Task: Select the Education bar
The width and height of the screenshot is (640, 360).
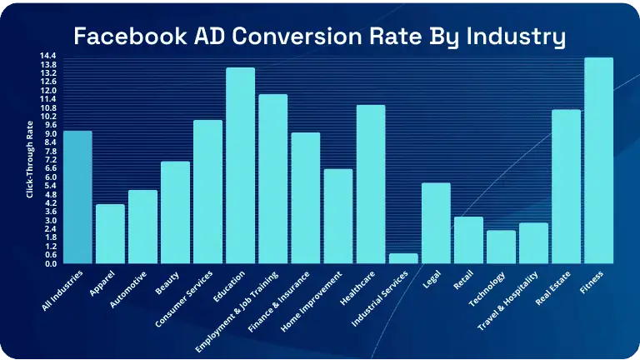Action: click(x=240, y=166)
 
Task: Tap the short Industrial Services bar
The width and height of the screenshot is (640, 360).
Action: click(x=403, y=258)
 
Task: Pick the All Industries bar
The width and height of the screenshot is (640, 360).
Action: click(x=77, y=197)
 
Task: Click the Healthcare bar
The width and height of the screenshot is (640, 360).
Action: click(x=371, y=184)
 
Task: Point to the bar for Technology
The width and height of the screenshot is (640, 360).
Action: click(x=501, y=247)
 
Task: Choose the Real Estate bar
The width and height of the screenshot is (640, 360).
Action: click(x=566, y=187)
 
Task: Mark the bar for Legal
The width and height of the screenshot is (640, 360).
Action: click(x=436, y=223)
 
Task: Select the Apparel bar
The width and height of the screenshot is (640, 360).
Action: click(x=110, y=234)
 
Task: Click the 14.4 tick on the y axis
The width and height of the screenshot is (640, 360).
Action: click(x=47, y=56)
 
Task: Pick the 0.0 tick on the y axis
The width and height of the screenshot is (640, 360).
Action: click(x=49, y=264)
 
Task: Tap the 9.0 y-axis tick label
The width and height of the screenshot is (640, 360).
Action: click(x=49, y=134)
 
